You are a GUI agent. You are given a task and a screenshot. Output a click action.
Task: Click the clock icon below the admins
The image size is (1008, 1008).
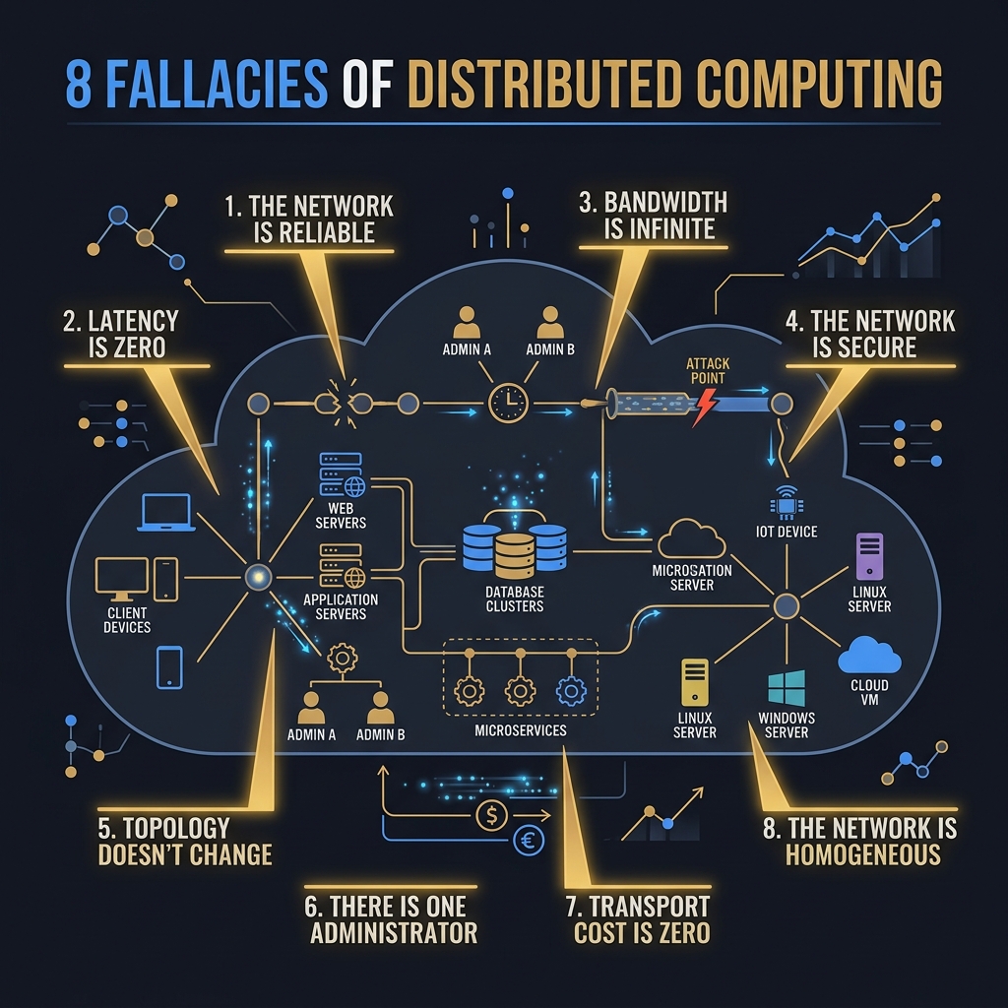pos(508,403)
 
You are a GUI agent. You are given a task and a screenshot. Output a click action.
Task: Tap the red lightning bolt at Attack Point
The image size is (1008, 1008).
pos(705,408)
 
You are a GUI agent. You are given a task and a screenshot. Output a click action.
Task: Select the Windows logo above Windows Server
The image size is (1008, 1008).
pos(787,688)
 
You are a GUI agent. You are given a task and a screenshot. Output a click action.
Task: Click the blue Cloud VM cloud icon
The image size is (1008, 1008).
pos(869,655)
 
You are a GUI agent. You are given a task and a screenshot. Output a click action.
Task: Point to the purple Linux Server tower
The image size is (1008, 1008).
pos(869,556)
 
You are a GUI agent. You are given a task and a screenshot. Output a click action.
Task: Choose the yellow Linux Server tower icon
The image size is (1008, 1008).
pos(694,682)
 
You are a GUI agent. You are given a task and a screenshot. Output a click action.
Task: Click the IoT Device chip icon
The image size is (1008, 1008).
pos(787,502)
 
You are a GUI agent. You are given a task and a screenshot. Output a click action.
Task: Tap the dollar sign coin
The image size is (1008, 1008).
pos(492,815)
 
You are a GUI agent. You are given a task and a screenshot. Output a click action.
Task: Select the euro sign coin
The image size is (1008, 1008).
pos(529,840)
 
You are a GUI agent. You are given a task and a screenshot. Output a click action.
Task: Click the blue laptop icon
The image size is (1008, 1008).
pos(166,512)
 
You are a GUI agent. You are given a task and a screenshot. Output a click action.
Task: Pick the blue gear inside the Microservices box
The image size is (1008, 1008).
pos(571,691)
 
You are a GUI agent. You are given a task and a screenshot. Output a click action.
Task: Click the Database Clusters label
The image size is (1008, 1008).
pos(514,598)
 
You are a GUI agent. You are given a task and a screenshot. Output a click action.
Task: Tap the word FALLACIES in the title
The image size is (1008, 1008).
pos(216,84)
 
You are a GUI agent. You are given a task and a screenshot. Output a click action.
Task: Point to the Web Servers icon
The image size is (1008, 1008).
pos(342,474)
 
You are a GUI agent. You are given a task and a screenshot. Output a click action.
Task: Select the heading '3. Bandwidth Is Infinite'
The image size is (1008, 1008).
pos(654,216)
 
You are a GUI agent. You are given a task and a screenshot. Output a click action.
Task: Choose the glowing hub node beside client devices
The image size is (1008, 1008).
pos(258,577)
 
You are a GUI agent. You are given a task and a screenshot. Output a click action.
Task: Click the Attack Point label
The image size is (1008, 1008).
pos(708,371)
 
